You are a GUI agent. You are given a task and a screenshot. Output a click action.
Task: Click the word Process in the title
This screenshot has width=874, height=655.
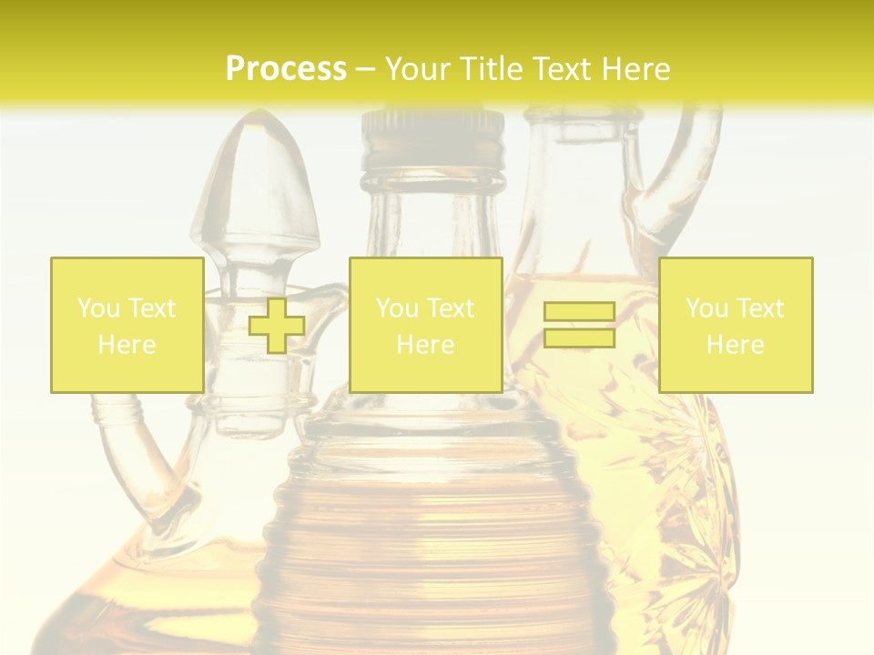(x=286, y=68)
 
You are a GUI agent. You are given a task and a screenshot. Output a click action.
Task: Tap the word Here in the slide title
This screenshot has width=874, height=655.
(x=630, y=68)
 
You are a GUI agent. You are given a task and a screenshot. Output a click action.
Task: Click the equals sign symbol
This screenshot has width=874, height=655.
(x=579, y=325)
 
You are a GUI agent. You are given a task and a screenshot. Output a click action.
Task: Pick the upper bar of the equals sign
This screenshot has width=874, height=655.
(x=579, y=312)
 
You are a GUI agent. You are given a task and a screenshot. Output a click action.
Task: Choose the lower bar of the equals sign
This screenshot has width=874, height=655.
(x=579, y=338)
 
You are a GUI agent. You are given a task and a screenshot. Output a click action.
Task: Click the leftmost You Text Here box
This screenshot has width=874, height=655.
(x=127, y=325)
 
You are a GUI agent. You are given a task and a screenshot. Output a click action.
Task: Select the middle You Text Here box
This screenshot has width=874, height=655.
(x=425, y=325)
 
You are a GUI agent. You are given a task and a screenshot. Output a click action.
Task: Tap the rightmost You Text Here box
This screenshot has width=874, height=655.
(x=735, y=325)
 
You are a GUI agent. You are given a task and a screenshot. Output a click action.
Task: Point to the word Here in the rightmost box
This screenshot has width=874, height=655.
(x=735, y=344)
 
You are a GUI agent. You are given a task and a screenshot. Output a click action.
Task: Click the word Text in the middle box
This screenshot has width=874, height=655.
(x=452, y=308)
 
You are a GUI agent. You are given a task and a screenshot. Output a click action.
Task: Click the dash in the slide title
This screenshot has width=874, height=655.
(x=366, y=69)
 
